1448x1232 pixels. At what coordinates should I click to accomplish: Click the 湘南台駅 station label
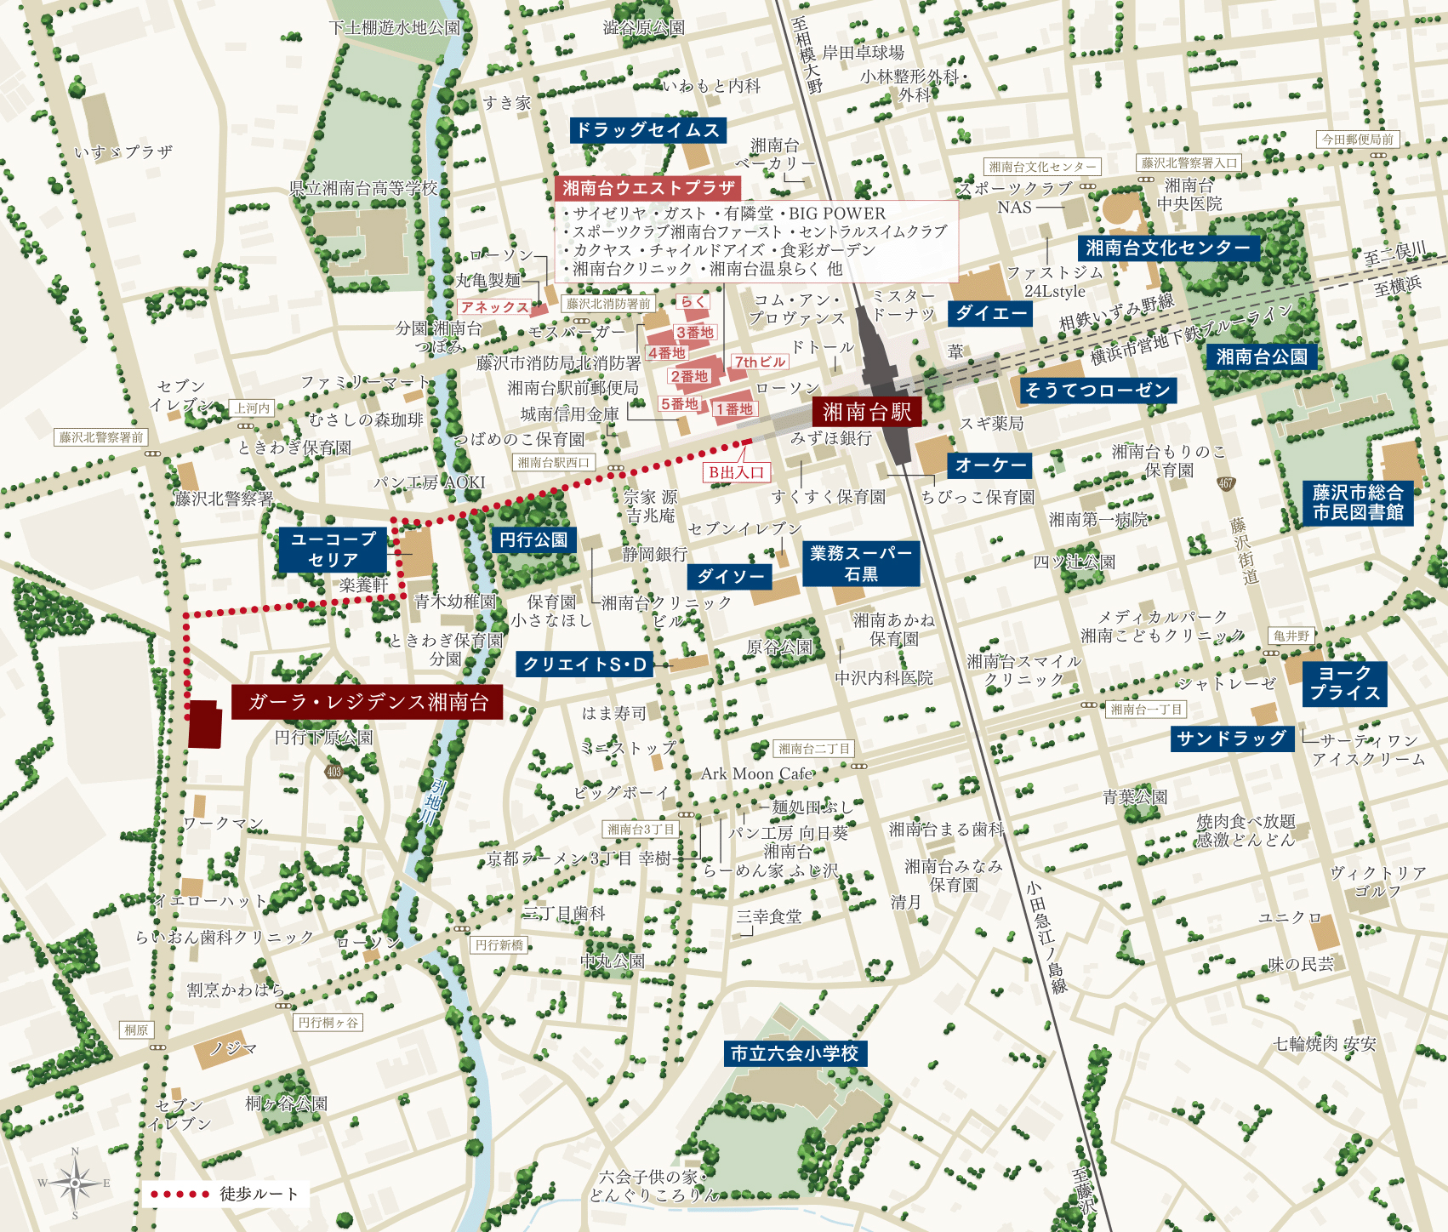point(866,413)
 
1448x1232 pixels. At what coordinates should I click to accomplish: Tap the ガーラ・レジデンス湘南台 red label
point(368,702)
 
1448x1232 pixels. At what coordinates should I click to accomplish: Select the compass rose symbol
point(75,1183)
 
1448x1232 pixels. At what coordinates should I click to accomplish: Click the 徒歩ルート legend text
point(259,1194)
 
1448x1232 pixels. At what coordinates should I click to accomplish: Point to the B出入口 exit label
point(737,472)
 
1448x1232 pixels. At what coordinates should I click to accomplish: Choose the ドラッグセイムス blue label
point(647,130)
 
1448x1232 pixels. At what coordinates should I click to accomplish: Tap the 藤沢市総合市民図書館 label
point(1358,502)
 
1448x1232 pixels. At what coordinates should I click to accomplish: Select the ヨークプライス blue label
point(1344,683)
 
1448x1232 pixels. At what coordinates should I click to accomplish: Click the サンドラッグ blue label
point(1231,739)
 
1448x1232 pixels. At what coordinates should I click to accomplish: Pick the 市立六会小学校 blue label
point(795,1053)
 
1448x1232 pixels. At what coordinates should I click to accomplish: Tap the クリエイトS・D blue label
point(584,664)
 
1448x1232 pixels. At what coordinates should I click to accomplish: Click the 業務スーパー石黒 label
point(861,563)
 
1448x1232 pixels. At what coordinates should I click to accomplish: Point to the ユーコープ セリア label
point(333,550)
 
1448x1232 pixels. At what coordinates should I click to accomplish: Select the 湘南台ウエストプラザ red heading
point(647,188)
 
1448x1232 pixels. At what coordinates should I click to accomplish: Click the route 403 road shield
point(333,772)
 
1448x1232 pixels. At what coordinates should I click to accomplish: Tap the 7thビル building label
point(759,362)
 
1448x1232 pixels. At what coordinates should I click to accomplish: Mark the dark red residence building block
point(204,724)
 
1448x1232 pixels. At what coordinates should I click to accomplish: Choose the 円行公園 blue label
point(533,539)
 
